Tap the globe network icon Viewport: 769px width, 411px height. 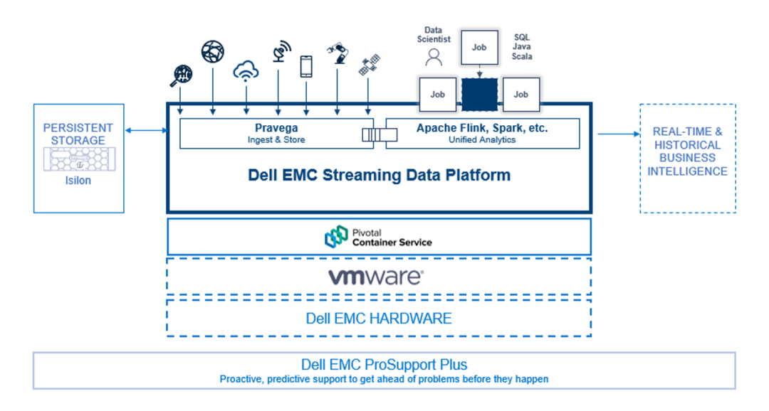(212, 51)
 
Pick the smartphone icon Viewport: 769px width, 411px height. (306, 66)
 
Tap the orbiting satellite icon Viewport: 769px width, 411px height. (368, 66)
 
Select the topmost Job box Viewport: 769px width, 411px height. (479, 48)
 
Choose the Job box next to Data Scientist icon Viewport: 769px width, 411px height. (437, 95)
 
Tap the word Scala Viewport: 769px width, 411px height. (522, 56)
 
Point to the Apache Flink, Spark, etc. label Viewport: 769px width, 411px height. (482, 129)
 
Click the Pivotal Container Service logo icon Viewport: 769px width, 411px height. (336, 237)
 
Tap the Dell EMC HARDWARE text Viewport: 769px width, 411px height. (379, 318)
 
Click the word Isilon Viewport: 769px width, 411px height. (78, 180)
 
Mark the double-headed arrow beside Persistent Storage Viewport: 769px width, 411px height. (146, 130)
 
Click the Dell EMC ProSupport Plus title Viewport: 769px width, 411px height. (384, 365)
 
